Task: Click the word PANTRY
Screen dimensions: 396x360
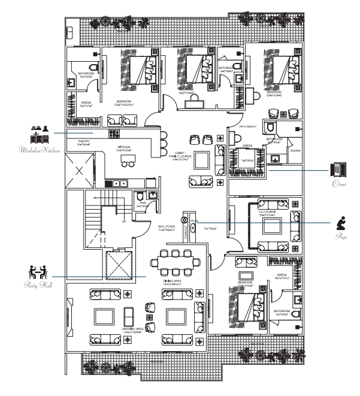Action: [83, 141]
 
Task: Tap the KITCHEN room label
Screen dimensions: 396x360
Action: [124, 147]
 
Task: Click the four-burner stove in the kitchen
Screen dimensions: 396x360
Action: [114, 135]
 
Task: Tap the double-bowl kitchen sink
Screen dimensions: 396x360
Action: [120, 183]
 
